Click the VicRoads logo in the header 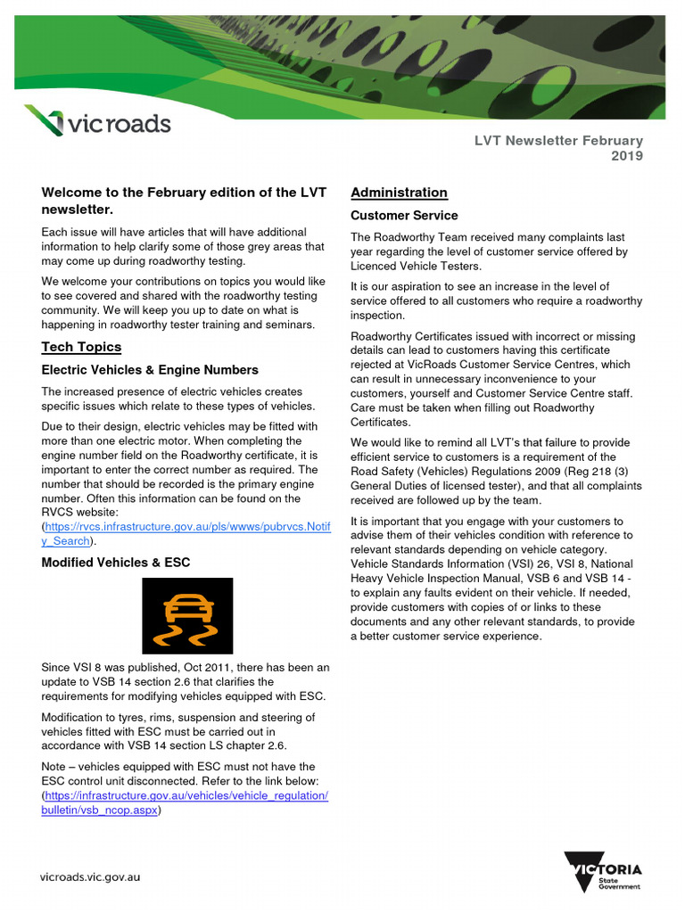point(96,121)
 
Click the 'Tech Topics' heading point(81,347)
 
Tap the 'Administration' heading point(399,193)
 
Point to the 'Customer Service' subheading point(404,216)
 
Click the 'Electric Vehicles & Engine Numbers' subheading point(150,370)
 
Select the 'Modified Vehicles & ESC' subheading point(116,563)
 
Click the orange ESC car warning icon point(187,616)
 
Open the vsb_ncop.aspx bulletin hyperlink point(186,802)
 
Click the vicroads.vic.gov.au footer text point(90,876)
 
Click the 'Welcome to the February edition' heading point(184,202)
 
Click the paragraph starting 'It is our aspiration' point(496,300)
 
